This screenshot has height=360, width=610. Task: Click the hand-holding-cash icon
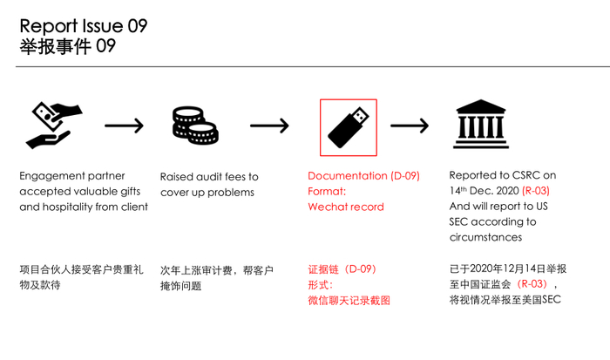54,126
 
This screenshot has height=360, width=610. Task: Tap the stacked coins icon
195,126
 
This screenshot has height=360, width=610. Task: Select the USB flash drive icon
349,127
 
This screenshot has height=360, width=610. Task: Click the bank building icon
481,124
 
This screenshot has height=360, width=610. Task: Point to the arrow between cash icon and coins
124,126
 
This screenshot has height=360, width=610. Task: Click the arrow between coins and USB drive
269,126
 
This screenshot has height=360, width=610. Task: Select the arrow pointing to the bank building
410,126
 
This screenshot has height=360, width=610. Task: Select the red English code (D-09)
405,176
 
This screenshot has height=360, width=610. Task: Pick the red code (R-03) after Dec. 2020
536,191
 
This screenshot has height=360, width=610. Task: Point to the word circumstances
485,237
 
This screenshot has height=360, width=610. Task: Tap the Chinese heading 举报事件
55,46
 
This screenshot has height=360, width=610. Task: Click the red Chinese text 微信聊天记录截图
349,301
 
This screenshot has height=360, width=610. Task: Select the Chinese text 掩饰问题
181,286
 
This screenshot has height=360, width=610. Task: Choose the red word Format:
327,192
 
